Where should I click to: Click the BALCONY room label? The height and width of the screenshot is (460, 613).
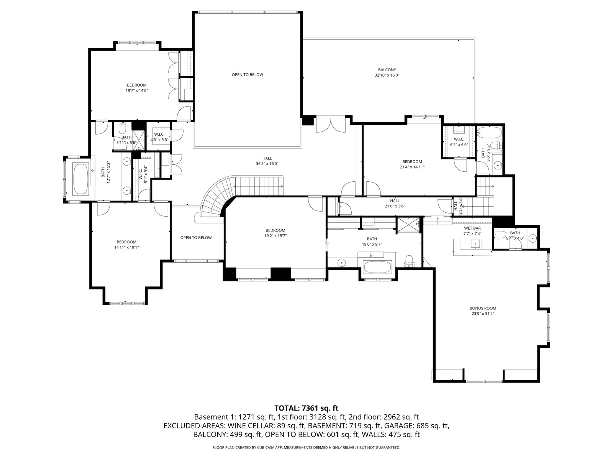(x=387, y=70)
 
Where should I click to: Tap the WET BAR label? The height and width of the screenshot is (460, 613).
(x=472, y=228)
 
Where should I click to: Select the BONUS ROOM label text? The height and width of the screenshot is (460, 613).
(x=483, y=308)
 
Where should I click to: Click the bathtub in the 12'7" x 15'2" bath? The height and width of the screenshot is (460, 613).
(x=81, y=179)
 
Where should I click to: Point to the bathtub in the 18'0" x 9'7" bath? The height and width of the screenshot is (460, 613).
(x=378, y=267)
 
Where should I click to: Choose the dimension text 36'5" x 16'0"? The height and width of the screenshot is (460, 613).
(x=267, y=164)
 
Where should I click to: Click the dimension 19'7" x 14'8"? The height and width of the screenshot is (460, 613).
(x=136, y=90)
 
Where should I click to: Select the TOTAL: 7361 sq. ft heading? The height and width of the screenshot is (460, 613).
(x=306, y=408)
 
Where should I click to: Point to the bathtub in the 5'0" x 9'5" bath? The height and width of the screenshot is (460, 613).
(x=489, y=132)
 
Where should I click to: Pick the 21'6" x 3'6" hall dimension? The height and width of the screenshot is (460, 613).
(x=395, y=206)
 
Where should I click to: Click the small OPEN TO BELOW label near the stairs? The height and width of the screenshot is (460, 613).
(x=196, y=238)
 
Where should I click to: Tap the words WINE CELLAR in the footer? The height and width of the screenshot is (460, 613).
(x=251, y=426)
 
